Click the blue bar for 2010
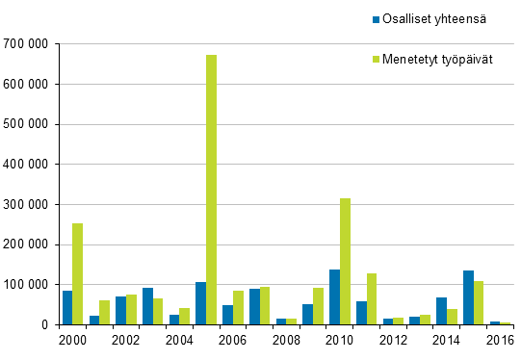pyautogui.click(x=334, y=297)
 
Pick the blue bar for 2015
pyautogui.click(x=468, y=297)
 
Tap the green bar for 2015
pyautogui.click(x=479, y=303)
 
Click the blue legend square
pyautogui.click(x=376, y=18)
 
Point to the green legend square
pyautogui.click(x=376, y=60)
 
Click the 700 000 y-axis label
pyautogui.click(x=27, y=44)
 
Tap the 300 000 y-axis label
pyautogui.click(x=27, y=204)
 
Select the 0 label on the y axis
pyautogui.click(x=45, y=325)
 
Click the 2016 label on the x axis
pyautogui.click(x=500, y=341)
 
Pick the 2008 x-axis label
pyautogui.click(x=286, y=341)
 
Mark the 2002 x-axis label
pyautogui.click(x=126, y=341)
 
